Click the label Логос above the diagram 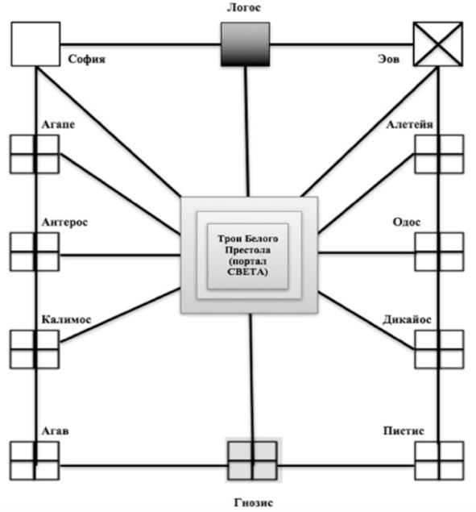coord(244,7)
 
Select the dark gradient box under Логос coord(246,44)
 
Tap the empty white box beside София coord(35,44)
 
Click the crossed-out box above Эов coord(438,44)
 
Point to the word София coord(87,59)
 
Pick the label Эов coord(388,59)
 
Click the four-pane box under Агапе coord(35,154)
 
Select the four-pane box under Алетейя coord(439,154)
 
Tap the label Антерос coord(64,222)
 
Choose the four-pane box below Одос coord(439,252)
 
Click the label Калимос coord(66,319)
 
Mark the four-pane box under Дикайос coord(439,349)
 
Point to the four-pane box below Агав coord(35,460)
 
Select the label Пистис coord(404,431)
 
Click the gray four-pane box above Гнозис coord(253,460)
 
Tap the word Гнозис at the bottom coord(253,502)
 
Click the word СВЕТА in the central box coord(247,272)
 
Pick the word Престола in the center coord(248,250)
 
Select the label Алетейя coord(409,124)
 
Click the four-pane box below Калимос coord(35,349)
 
